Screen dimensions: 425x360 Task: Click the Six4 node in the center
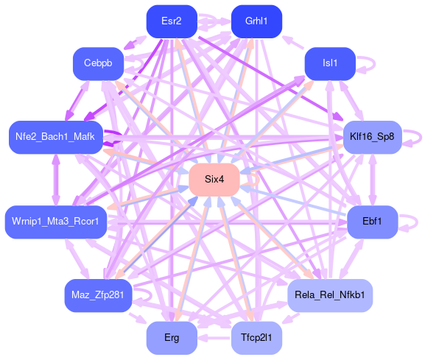(x=214, y=180)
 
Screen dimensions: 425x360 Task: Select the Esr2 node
(x=172, y=21)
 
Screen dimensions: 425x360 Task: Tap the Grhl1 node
(x=256, y=21)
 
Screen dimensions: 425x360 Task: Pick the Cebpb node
(x=98, y=63)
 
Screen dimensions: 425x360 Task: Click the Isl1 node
(x=330, y=63)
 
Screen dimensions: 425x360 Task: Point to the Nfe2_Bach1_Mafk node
(x=56, y=138)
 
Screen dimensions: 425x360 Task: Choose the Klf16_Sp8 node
(x=373, y=138)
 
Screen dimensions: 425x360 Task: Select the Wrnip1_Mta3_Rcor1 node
(x=56, y=222)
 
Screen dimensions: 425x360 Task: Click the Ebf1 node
(x=373, y=222)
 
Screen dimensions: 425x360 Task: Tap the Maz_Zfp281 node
(x=98, y=295)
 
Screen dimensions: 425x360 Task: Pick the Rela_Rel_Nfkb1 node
(x=330, y=295)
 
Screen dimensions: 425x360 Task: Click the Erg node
(x=172, y=338)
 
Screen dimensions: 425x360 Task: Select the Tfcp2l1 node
(x=256, y=338)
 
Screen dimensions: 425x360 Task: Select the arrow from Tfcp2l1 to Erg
(x=214, y=338)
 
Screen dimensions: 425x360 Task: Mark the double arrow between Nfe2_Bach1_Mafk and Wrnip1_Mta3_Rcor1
(x=56, y=180)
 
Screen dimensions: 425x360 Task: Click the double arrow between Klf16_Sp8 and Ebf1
(x=373, y=180)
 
